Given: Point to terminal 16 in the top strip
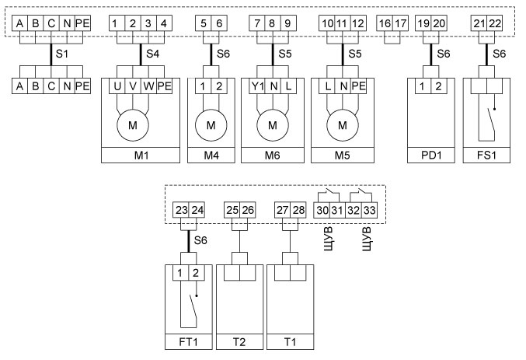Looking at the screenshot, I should (x=386, y=24).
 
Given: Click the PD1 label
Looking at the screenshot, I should (x=431, y=156).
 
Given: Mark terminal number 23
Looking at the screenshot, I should (x=182, y=210).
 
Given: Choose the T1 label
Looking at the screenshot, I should (x=290, y=342).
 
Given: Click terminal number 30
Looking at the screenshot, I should (x=321, y=210).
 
